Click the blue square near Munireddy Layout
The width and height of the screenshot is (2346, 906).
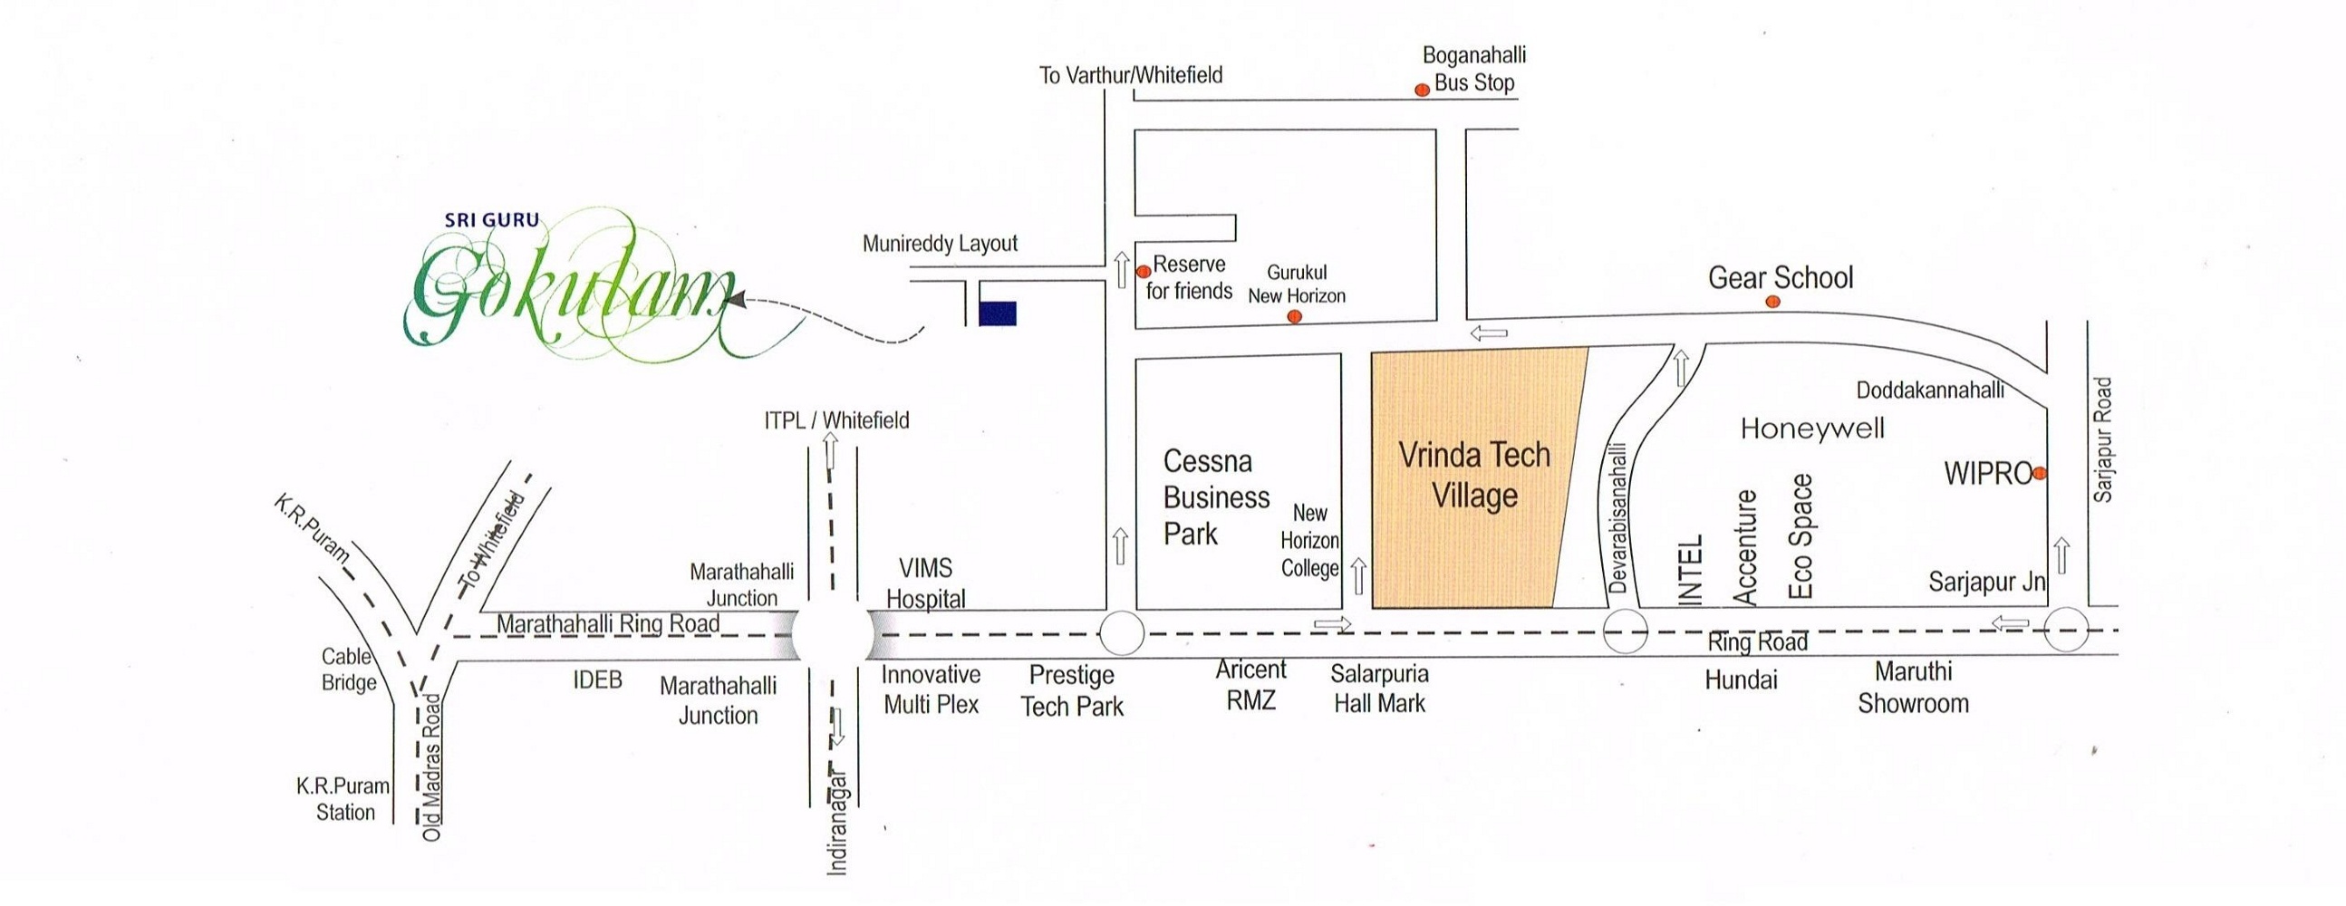998,313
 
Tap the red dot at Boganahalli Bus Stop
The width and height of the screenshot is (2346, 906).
1421,89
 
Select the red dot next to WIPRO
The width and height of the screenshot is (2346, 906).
2040,474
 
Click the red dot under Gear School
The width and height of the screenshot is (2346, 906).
1772,302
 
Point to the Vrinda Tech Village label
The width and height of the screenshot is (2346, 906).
1474,475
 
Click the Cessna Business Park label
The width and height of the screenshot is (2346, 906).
1216,497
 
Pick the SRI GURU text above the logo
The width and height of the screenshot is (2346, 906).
492,219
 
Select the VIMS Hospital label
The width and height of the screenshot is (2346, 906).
925,583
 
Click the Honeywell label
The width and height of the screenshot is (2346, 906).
1812,428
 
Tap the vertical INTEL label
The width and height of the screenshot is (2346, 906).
1689,570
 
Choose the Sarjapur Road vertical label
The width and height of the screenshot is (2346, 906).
2102,439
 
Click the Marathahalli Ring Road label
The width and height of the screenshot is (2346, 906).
607,623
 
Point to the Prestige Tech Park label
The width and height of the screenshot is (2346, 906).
1072,690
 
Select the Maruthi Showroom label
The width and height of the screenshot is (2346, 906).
1913,688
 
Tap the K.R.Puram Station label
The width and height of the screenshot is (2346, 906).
343,798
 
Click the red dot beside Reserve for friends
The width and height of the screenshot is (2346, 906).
1144,271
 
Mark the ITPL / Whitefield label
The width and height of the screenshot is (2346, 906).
836,419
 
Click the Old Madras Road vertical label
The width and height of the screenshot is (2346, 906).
431,766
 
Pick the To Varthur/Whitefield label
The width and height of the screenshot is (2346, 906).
1130,74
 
